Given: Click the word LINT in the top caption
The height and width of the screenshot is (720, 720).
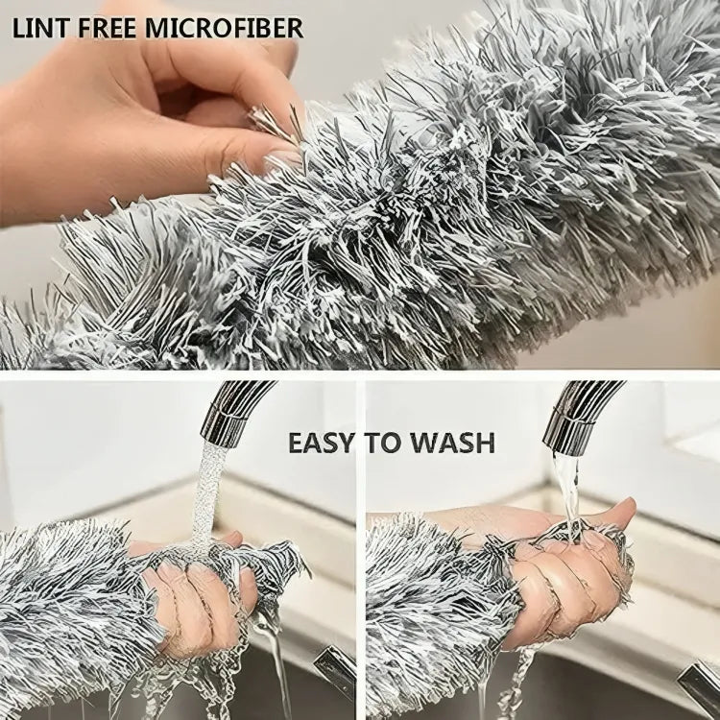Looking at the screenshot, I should click(37, 27).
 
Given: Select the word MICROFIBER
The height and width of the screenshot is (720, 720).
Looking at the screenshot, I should click(225, 27).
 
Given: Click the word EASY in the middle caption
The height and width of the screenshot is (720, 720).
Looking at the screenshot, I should click(323, 443).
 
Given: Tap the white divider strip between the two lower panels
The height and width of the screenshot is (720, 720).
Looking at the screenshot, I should click(361, 547).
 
